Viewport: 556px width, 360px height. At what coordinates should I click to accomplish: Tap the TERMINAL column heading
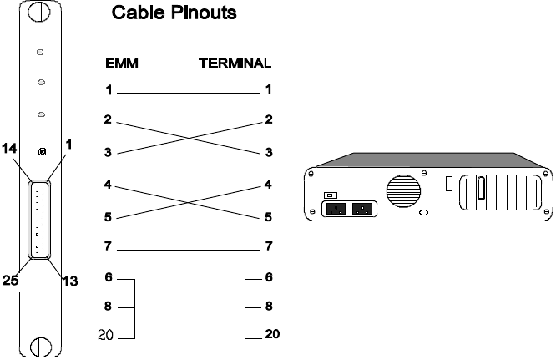[x=236, y=63]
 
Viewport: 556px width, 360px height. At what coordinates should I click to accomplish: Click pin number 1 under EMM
[x=108, y=89]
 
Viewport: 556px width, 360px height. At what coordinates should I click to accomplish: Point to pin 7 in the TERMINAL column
[x=269, y=247]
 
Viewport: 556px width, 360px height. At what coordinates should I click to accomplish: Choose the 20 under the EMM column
[x=107, y=336]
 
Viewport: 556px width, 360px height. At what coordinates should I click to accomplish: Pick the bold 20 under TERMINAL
[x=272, y=336]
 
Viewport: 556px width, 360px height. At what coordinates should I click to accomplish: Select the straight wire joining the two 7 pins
[x=189, y=248]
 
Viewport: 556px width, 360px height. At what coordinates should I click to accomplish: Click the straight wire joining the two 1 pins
[x=189, y=91]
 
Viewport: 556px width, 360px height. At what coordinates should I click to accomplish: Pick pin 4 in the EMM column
[x=108, y=185]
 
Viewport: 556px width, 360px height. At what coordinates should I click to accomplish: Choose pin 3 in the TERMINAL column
[x=269, y=153]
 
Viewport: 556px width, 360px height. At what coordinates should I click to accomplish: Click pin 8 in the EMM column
[x=108, y=307]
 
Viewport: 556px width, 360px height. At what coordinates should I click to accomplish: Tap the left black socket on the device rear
[x=336, y=209]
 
